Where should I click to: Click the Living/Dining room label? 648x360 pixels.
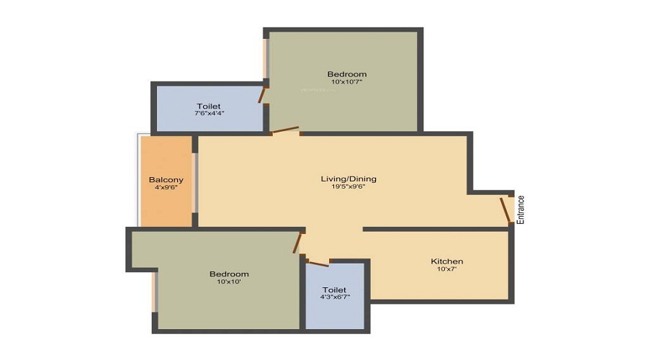coord(348,179)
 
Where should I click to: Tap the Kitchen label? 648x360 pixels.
coord(446,261)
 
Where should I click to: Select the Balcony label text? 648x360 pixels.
coord(166,179)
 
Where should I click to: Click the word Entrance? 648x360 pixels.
coord(521,210)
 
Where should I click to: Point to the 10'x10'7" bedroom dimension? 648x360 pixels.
coord(346,82)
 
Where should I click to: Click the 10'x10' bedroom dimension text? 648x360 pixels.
coord(229,282)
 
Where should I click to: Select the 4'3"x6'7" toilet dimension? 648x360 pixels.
coord(335,297)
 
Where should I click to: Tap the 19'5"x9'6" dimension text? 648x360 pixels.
coord(348,187)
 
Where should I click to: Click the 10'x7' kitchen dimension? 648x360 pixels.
coord(446,269)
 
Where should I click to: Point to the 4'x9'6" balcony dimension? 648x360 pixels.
coord(166,187)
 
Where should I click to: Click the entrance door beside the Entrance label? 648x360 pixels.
coord(505,210)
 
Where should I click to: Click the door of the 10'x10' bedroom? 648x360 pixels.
coord(297,242)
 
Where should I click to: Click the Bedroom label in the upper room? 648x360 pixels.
coord(347,73)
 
